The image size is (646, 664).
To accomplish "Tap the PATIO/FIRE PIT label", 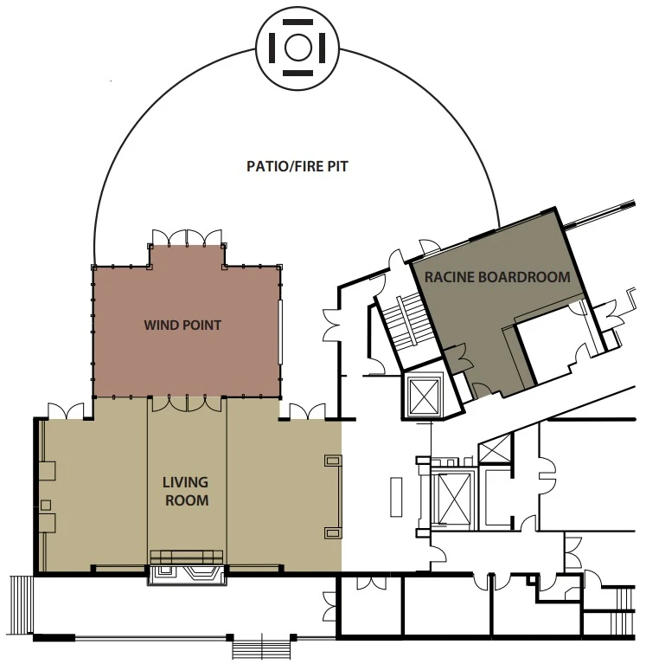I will (x=297, y=165).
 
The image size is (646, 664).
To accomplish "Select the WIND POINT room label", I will (x=182, y=326).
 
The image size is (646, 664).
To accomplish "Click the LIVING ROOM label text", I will (x=186, y=491).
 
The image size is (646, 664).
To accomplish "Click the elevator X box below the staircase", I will (x=424, y=395).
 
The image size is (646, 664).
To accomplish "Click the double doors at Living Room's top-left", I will (x=66, y=409).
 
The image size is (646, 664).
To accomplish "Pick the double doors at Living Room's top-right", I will (x=307, y=409).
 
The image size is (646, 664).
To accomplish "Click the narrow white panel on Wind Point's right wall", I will (x=280, y=332).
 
